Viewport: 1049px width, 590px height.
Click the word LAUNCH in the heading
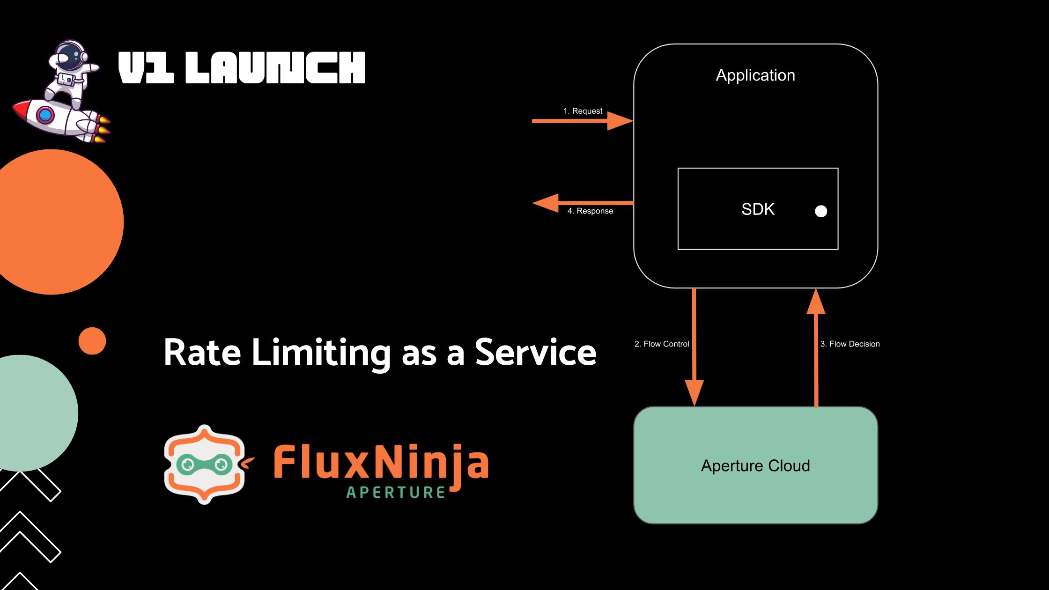275,68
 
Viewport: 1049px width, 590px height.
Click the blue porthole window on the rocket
45,115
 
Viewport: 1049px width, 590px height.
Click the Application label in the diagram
755,75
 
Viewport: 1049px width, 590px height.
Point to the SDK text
758,209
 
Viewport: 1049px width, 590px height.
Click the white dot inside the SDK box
821,212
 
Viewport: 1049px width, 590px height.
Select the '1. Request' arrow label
583,111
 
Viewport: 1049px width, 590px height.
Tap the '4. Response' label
590,211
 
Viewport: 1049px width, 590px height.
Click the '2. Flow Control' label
662,344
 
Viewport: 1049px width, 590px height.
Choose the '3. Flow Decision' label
850,344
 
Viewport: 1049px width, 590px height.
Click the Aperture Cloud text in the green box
755,466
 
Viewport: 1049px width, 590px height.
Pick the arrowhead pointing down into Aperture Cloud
694,392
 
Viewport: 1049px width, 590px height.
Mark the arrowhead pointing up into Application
816,302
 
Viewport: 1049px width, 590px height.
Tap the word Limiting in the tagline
321,353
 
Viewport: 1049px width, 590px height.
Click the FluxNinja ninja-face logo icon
205,465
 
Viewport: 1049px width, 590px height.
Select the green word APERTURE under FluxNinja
396,493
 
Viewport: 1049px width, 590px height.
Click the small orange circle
92,341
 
